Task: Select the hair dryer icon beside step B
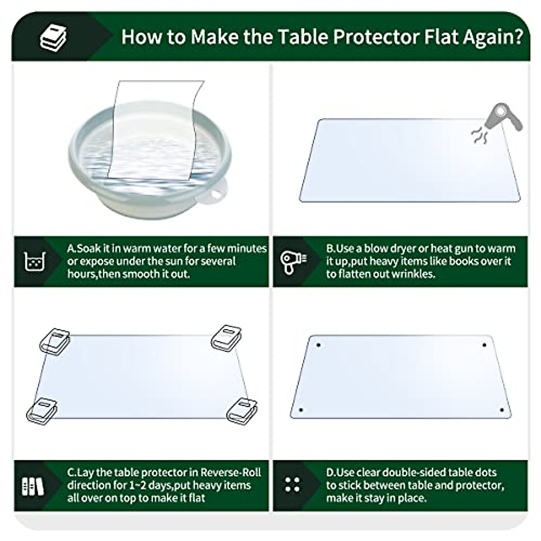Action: pyautogui.click(x=293, y=261)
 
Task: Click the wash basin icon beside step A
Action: pyautogui.click(x=35, y=261)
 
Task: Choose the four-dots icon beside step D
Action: pyautogui.click(x=293, y=485)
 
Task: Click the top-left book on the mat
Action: pyautogui.click(x=54, y=340)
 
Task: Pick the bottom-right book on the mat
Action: pyautogui.click(x=241, y=410)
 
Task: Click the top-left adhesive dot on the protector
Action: pyautogui.click(x=318, y=345)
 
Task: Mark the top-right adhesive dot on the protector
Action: pyautogui.click(x=484, y=345)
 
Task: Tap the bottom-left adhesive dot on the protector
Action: pyautogui.click(x=301, y=410)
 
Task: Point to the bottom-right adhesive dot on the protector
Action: pyautogui.click(x=501, y=410)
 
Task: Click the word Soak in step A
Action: pyautogui.click(x=89, y=248)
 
